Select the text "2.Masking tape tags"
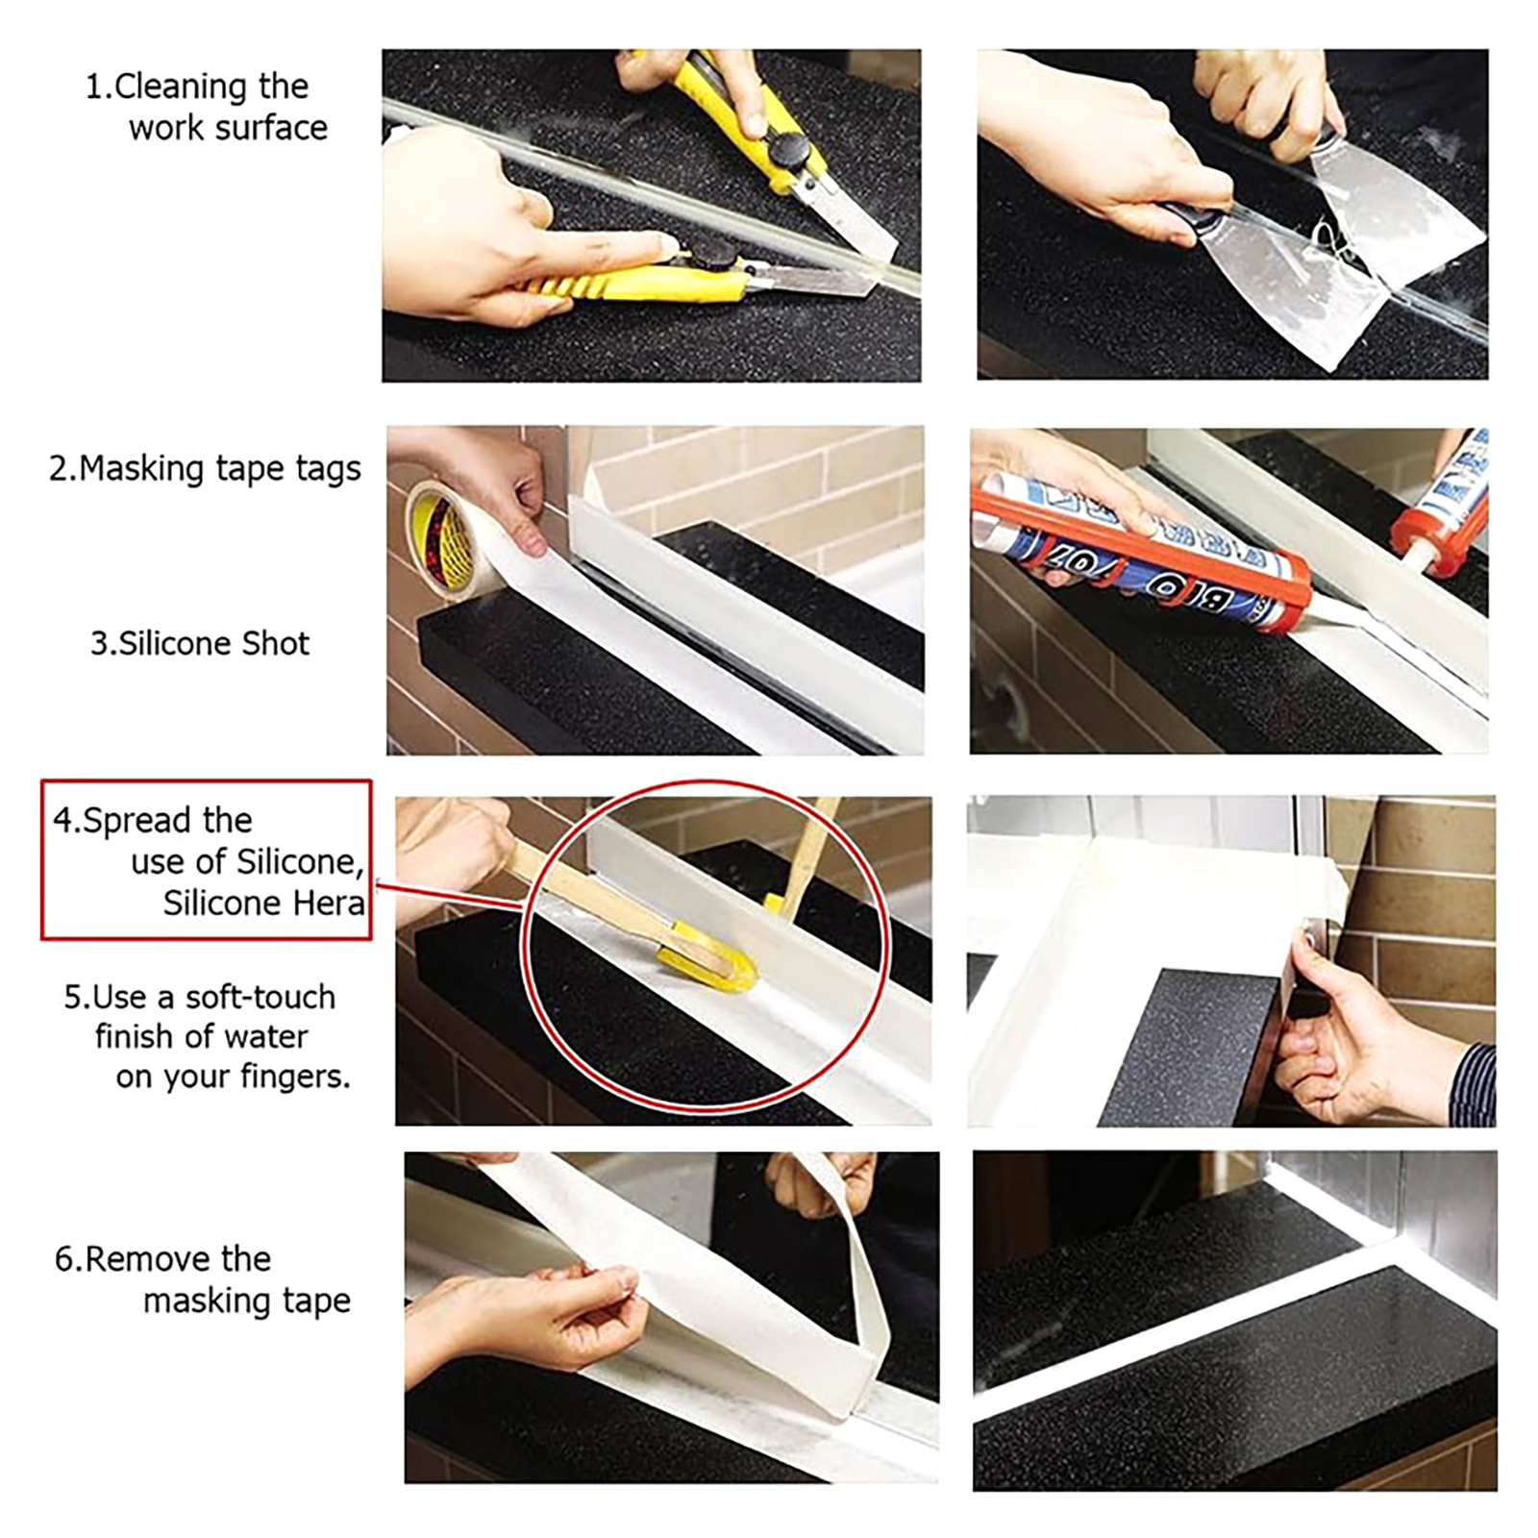205,469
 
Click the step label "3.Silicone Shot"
200,643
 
